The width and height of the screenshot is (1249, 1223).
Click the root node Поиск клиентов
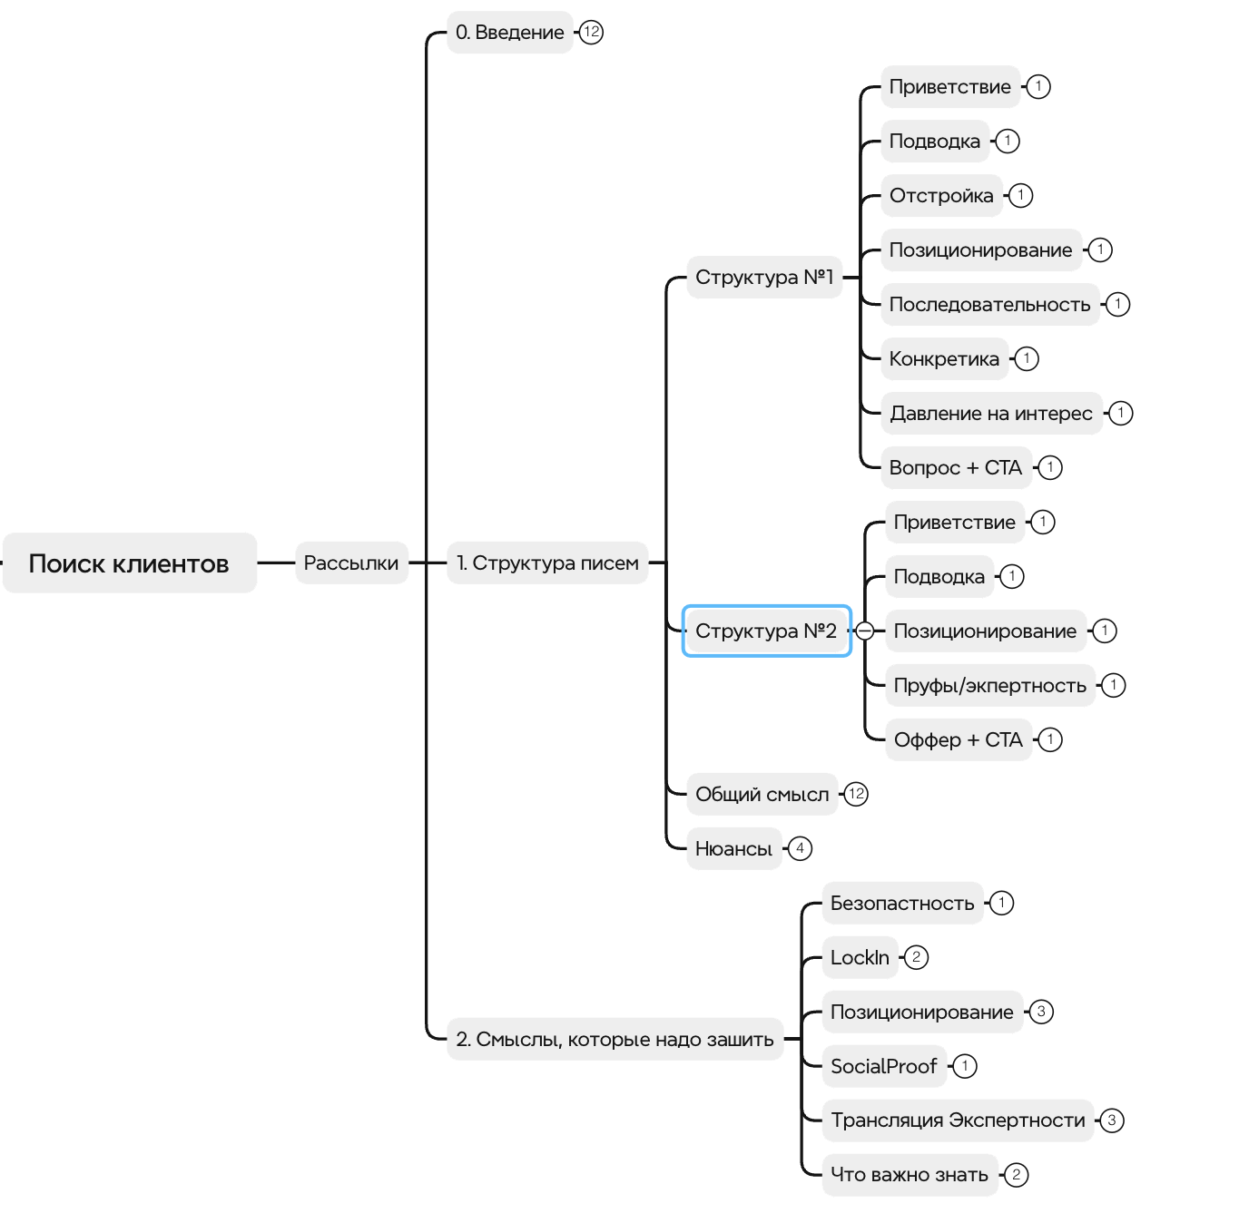click(129, 563)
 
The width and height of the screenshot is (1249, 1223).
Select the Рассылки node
click(351, 563)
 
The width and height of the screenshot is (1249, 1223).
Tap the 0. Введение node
click(509, 33)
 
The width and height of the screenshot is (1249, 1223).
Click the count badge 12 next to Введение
click(592, 33)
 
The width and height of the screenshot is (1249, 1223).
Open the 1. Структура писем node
click(547, 563)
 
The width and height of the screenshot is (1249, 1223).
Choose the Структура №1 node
click(764, 278)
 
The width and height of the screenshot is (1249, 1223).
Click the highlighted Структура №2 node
click(766, 631)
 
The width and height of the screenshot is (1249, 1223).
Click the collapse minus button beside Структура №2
click(865, 631)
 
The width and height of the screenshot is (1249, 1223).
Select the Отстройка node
click(941, 196)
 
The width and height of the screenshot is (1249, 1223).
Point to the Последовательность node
click(989, 305)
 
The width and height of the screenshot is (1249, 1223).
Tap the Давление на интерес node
click(991, 414)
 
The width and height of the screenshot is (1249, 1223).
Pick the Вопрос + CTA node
click(956, 468)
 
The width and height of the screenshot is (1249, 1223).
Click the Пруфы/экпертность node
click(989, 686)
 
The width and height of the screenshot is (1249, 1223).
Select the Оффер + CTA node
click(958, 740)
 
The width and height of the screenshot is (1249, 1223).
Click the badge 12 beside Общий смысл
click(856, 795)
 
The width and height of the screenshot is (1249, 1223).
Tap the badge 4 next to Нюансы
click(800, 849)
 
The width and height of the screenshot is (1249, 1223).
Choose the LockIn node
click(860, 958)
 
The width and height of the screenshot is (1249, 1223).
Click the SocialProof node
click(883, 1067)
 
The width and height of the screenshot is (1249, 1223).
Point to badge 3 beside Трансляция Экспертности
click(1111, 1120)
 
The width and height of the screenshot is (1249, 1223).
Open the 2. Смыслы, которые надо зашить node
click(615, 1040)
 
